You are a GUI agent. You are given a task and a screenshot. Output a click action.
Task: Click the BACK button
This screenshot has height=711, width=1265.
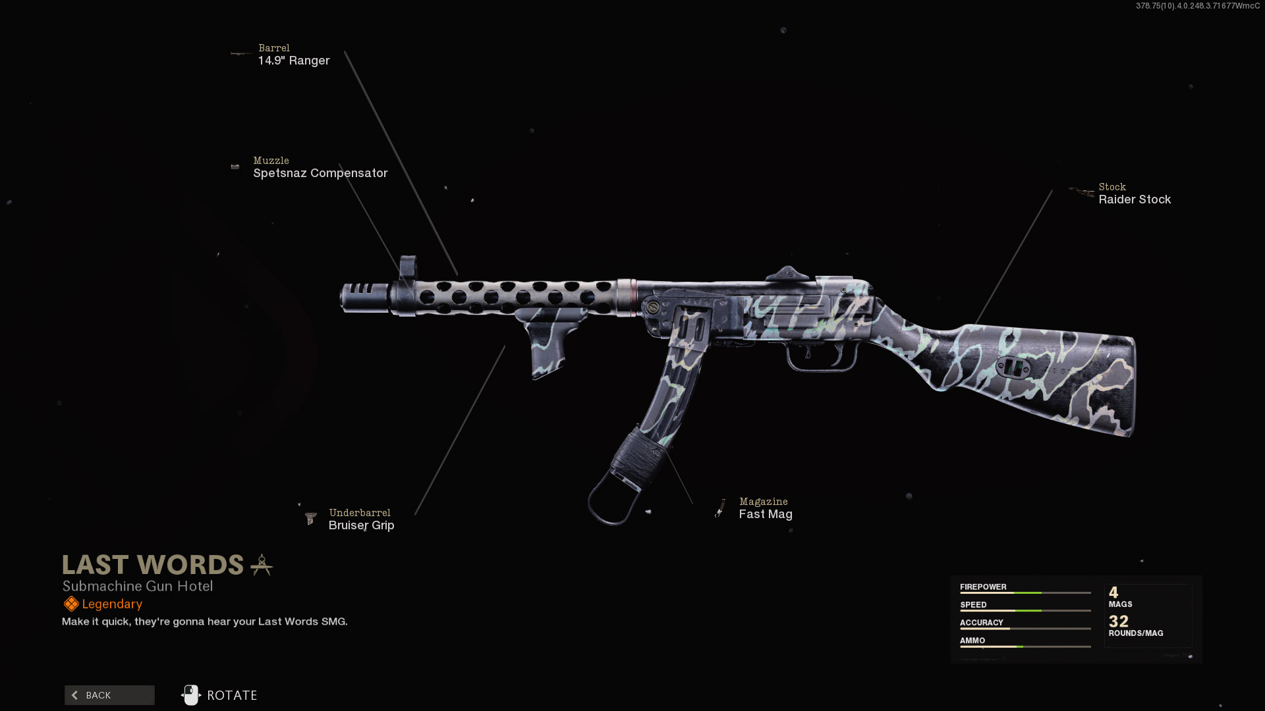tap(109, 695)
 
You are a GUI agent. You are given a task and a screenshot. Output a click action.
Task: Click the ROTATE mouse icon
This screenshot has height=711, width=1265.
tap(190, 695)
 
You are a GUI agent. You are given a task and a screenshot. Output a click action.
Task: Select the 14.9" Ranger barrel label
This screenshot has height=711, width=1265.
tap(294, 61)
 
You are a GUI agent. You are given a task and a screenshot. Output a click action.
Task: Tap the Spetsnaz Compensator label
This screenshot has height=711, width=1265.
tap(320, 173)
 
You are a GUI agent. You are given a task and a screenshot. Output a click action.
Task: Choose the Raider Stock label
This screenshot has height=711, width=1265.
tap(1135, 199)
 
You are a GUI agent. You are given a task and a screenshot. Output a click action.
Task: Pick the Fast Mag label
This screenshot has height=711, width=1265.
tap(766, 514)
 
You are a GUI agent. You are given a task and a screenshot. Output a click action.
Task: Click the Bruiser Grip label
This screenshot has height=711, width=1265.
tap(361, 525)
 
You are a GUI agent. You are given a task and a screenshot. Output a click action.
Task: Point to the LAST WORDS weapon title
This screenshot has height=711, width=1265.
tap(153, 565)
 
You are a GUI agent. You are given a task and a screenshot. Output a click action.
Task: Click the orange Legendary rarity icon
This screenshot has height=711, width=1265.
tap(71, 604)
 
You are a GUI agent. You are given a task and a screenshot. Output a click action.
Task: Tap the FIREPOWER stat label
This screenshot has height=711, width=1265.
tap(983, 587)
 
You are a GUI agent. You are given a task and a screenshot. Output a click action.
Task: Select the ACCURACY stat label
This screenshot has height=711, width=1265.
tap(981, 622)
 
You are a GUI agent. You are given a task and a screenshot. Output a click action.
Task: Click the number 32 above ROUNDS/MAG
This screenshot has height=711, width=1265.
tap(1119, 621)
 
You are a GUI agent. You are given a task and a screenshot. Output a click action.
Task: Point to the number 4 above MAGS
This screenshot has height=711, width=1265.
tap(1113, 592)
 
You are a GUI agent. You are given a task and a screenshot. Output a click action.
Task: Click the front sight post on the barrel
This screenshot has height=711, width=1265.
tap(408, 268)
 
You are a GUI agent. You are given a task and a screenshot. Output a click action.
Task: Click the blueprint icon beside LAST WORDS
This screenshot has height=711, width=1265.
tap(262, 565)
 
